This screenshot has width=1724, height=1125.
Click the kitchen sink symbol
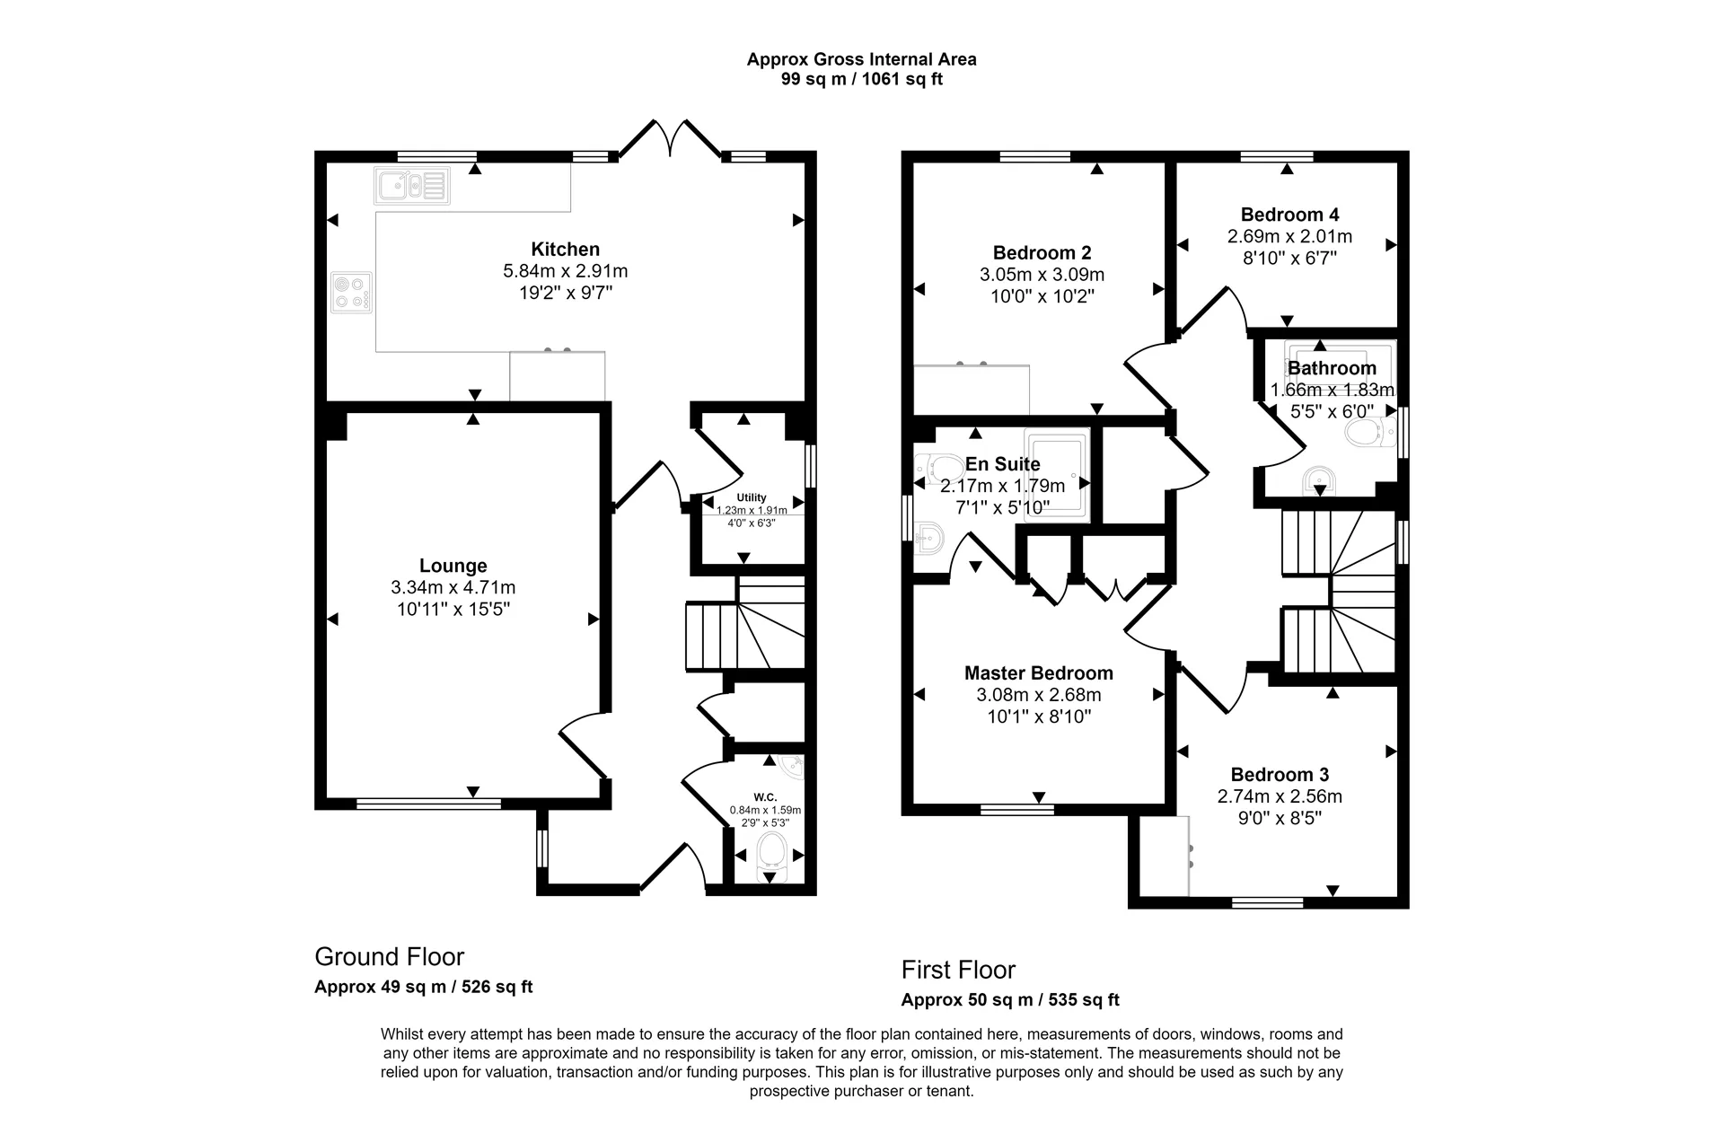(x=412, y=186)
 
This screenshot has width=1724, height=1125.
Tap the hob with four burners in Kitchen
(x=351, y=293)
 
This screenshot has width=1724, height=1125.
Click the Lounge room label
(x=453, y=566)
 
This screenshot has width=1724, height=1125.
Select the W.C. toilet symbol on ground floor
(x=770, y=852)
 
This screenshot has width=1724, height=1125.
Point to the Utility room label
(x=752, y=497)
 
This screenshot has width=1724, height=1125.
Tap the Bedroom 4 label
(x=1289, y=215)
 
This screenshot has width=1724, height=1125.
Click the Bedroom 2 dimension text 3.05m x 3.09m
(x=1042, y=275)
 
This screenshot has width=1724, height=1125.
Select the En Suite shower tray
(x=1058, y=474)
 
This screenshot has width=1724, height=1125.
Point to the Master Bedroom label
(x=1038, y=673)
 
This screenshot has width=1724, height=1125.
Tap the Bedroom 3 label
(x=1280, y=775)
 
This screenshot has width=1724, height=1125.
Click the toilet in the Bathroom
(x=1368, y=435)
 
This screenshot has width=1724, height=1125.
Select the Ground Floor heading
(x=389, y=956)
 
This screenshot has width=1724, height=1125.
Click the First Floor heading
(x=958, y=970)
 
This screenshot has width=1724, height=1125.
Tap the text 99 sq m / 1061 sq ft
(x=861, y=79)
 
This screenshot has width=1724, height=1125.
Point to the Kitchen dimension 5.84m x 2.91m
(x=565, y=271)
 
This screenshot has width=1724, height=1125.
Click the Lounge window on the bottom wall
(x=428, y=804)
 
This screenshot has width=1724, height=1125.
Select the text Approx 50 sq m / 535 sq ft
(x=1010, y=1000)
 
